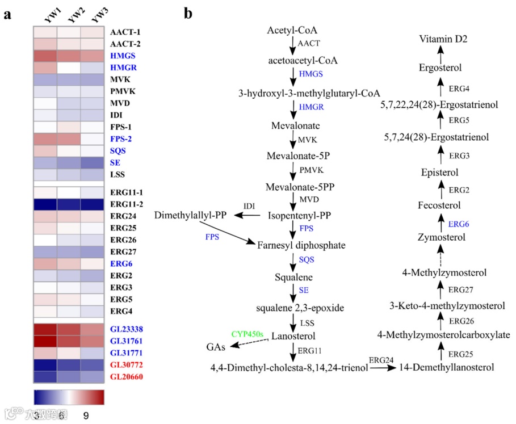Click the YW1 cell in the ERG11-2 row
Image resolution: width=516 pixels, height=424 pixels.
coord(45,204)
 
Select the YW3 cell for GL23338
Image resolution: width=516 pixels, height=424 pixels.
coord(91,329)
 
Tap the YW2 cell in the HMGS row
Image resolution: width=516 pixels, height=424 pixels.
coord(69,56)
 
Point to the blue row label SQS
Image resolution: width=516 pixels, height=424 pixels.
coord(118,151)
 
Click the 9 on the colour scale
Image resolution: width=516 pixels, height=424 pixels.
coord(86,415)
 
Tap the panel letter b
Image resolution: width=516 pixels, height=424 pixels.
coord(187,14)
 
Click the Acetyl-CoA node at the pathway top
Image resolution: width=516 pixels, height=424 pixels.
coord(292,29)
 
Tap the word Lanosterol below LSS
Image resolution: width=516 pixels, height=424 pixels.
coord(292,336)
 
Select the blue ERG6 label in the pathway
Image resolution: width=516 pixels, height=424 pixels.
coord(459,225)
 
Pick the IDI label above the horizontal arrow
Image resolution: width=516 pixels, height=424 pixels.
coord(249,205)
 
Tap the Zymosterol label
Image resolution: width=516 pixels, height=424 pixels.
coord(440,237)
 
